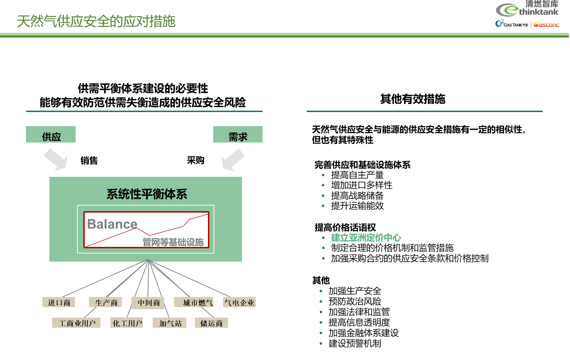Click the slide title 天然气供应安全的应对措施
96,21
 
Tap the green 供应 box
51,135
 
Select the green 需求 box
238,135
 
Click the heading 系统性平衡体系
147,194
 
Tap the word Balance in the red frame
112,224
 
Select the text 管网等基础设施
173,242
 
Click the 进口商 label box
59,303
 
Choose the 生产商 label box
106,303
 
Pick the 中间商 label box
148,303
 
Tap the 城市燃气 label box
197,303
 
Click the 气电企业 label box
239,303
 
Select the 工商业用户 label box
77,323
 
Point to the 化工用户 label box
127,323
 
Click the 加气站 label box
170,323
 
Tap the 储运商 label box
211,323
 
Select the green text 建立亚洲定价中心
366,238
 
